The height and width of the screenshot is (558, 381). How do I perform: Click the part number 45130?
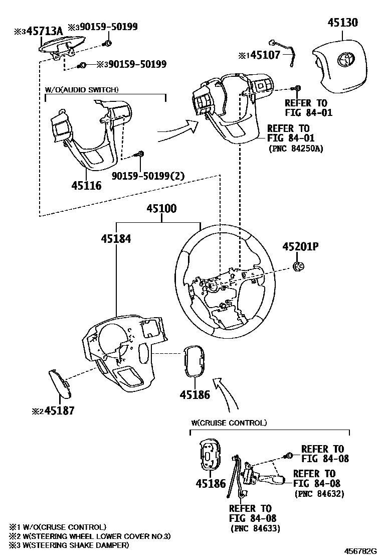click(x=343, y=23)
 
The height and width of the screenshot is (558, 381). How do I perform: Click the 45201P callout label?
click(x=300, y=246)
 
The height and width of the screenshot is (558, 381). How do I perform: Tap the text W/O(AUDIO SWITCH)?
click(x=81, y=90)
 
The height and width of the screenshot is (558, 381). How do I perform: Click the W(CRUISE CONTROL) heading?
click(x=229, y=423)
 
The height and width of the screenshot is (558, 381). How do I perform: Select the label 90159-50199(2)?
click(x=141, y=175)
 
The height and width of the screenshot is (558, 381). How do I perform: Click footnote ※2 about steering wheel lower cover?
click(x=90, y=536)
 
